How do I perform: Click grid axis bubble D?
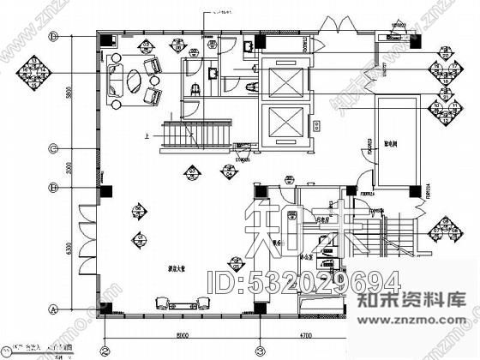53,36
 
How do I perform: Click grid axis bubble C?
53,147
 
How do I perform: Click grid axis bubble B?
53,187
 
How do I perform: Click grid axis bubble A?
53,308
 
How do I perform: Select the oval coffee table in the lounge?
135,82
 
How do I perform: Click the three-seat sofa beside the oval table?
114,83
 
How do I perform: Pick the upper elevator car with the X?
284,81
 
